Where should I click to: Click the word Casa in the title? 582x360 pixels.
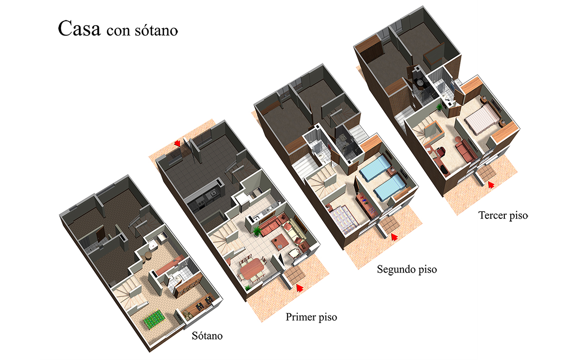(x=79, y=28)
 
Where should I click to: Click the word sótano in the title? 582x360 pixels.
(x=156, y=31)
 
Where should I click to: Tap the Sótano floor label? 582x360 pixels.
(x=207, y=336)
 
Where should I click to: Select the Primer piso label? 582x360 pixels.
(x=311, y=317)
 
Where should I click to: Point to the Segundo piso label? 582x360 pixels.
(x=407, y=270)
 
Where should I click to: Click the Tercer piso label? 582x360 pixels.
(x=503, y=215)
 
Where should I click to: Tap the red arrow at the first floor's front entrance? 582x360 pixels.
(x=300, y=288)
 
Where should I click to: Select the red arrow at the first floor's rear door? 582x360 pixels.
(x=178, y=143)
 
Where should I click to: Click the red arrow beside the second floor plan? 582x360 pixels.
(x=394, y=237)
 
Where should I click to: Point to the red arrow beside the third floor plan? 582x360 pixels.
(x=491, y=184)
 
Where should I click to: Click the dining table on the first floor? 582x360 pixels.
(x=252, y=268)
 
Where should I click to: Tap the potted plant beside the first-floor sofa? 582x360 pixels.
(x=257, y=231)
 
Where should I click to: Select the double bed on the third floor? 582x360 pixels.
(x=482, y=120)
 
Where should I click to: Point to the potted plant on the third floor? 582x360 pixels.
(x=439, y=107)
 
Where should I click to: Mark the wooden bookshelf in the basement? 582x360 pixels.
(x=188, y=285)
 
